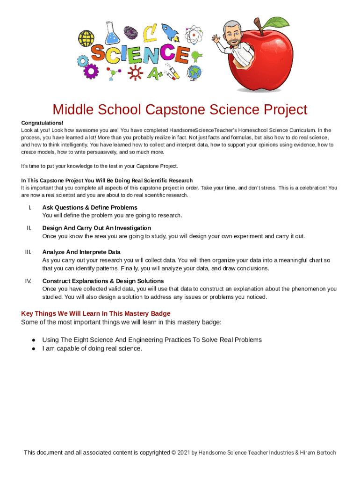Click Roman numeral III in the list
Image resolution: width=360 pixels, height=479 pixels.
[29, 252]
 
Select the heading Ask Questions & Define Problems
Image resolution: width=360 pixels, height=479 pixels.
[90, 207]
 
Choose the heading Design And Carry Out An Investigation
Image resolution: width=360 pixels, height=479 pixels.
[97, 228]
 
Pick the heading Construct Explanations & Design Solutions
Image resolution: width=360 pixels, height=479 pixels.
[103, 281]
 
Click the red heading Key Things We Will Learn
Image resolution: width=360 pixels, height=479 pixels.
[96, 313]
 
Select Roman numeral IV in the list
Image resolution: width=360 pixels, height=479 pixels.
[29, 281]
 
